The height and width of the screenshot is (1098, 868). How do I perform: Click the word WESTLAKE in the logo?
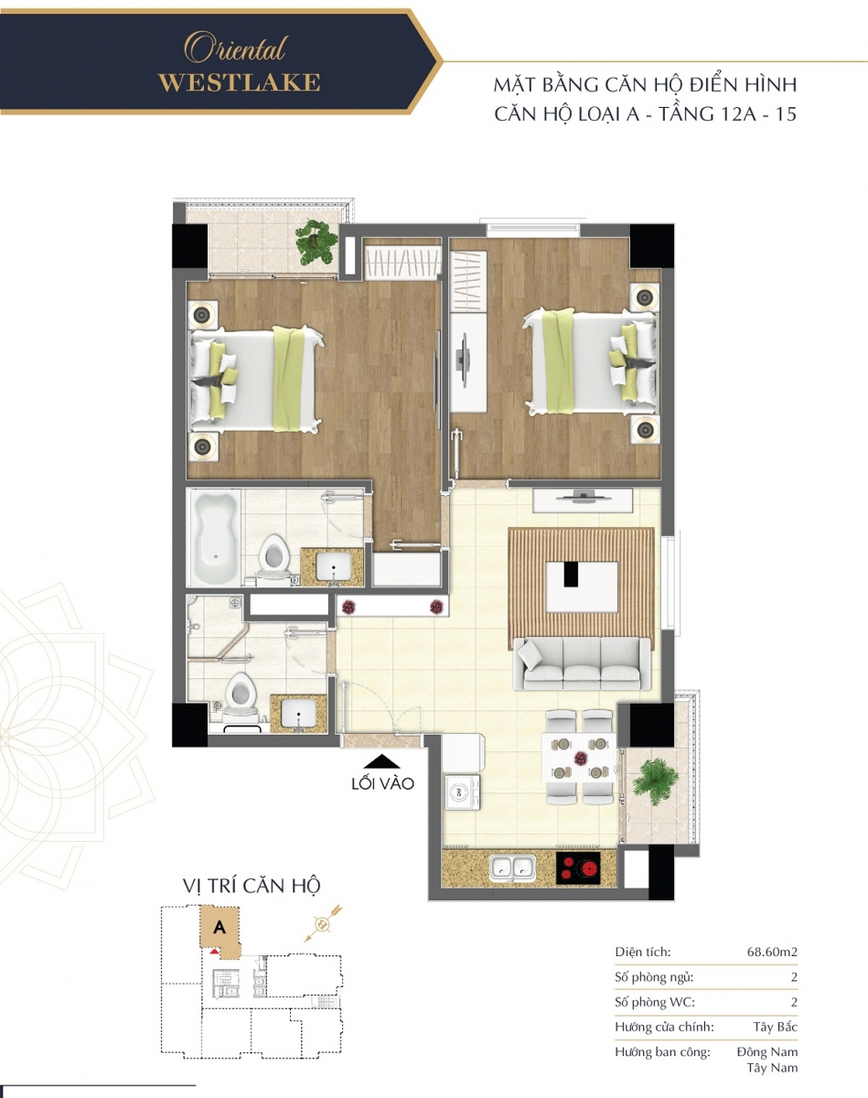[240, 83]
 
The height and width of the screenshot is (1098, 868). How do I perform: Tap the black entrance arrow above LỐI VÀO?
[382, 762]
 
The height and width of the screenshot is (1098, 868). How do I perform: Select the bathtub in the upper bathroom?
[214, 536]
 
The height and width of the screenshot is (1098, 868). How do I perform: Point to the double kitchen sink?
[512, 867]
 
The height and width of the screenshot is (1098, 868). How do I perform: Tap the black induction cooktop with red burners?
[578, 868]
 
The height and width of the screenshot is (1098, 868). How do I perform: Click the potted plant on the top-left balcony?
[316, 242]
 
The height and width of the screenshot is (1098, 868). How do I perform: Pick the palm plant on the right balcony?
[654, 780]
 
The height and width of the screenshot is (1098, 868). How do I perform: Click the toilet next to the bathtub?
[273, 559]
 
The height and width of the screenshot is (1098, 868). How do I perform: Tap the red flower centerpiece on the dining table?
[581, 759]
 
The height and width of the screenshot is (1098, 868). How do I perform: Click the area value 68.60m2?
[772, 952]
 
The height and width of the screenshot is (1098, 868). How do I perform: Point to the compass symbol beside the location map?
[322, 923]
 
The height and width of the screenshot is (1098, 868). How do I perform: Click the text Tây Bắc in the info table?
[775, 1027]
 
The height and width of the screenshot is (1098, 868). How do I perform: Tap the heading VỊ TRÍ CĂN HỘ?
[252, 885]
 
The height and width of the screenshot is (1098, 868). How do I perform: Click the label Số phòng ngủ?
[654, 977]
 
